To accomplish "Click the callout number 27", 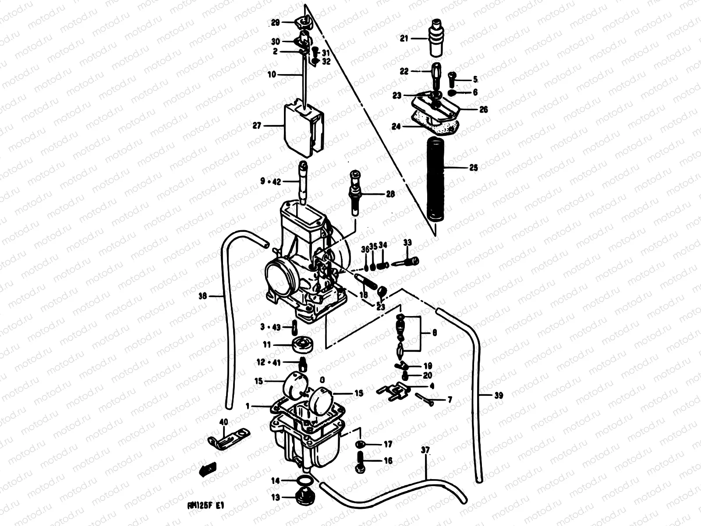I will [x=256, y=126].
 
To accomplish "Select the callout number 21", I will [x=404, y=39].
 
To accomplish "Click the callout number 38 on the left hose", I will [x=202, y=296].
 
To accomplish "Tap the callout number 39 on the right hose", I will [x=498, y=396].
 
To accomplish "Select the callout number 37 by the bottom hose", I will [x=425, y=450].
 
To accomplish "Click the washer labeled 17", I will [x=360, y=445].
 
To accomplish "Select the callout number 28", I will [x=390, y=194].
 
